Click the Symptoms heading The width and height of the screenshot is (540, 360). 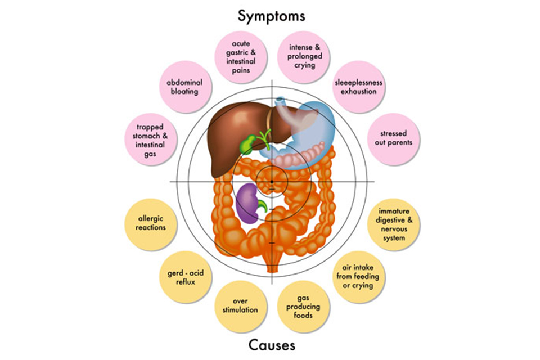pyautogui.click(x=271, y=16)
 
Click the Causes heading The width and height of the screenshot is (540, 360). pyautogui.click(x=272, y=345)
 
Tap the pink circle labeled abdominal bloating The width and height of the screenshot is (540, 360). pyautogui.click(x=185, y=87)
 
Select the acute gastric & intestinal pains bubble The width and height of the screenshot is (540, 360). pyautogui.click(x=241, y=57)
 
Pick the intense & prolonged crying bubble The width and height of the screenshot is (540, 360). pyautogui.click(x=304, y=57)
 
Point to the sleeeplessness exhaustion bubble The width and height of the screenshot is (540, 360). pyautogui.click(x=358, y=87)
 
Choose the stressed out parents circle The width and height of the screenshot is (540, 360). pyautogui.click(x=393, y=139)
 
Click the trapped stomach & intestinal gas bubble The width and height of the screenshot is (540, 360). pyautogui.click(x=150, y=139)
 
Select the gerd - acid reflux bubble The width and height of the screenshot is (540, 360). pyautogui.click(x=185, y=277)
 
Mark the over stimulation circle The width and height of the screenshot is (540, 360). pyautogui.click(x=240, y=306)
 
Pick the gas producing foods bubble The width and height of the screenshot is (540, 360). pyautogui.click(x=303, y=306)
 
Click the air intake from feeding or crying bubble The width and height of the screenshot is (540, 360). pyautogui.click(x=358, y=277)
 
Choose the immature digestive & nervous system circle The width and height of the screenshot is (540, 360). pyautogui.click(x=394, y=224)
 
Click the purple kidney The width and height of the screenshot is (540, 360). pyautogui.click(x=248, y=203)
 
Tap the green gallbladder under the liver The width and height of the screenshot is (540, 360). pyautogui.click(x=249, y=145)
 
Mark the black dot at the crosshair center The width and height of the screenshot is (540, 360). pyautogui.click(x=272, y=182)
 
